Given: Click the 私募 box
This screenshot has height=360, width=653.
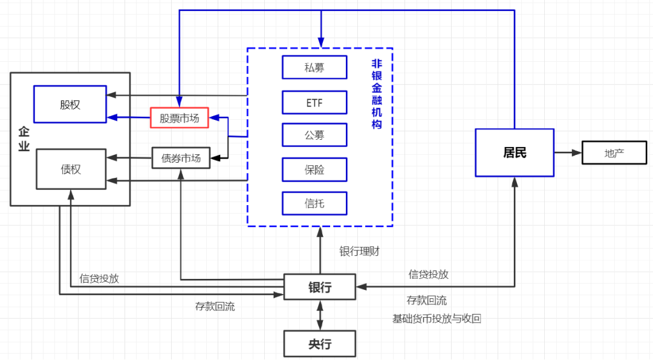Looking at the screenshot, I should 314,67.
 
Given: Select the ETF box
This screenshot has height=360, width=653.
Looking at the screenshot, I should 314,102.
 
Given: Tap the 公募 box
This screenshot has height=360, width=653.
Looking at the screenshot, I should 314,135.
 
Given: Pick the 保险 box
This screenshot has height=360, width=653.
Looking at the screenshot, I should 314,170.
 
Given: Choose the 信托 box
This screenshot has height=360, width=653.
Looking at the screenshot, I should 314,203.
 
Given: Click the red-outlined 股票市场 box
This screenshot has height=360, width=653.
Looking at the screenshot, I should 180,118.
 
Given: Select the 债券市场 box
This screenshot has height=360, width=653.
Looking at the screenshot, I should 181,158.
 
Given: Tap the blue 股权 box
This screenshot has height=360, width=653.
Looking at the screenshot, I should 70,104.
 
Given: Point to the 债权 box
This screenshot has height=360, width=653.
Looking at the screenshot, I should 70,169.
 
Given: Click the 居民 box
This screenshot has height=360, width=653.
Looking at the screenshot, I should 515,152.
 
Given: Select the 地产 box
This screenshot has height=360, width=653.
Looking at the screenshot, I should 614,152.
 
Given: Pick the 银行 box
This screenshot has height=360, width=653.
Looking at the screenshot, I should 320,287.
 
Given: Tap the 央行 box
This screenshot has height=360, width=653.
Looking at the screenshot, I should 320,344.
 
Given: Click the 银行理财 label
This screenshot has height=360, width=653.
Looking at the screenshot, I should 359,251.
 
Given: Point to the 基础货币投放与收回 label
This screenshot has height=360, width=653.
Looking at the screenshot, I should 437,318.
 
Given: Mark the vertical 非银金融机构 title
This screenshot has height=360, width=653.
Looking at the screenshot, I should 377,94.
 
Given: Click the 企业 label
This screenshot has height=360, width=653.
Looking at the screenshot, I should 24,139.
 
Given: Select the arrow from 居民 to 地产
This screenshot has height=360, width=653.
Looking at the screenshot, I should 568,152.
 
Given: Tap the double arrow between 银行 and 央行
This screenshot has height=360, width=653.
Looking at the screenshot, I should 320,315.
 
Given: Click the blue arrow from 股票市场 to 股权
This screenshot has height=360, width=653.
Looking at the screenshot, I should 128,118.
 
